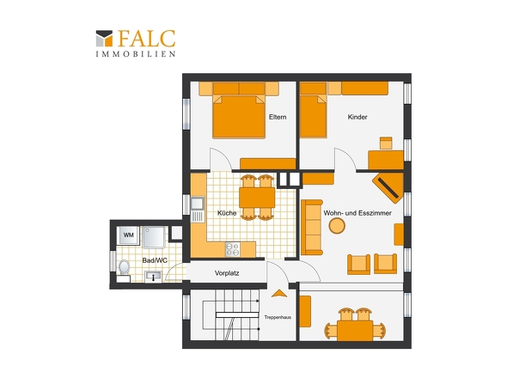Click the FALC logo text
(x=147, y=39)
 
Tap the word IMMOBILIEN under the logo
(x=136, y=54)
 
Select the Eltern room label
(x=278, y=117)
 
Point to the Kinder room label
(x=357, y=117)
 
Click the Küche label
(x=227, y=213)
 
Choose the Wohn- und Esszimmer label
(x=357, y=213)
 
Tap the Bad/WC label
(x=155, y=260)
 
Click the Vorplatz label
(x=227, y=273)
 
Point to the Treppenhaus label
(x=278, y=317)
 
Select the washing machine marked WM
(x=129, y=235)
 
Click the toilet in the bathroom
(x=124, y=268)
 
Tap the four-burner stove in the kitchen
(x=233, y=249)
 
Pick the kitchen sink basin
(x=197, y=204)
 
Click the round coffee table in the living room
(x=337, y=226)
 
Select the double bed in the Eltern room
(x=239, y=117)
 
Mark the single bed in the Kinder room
(x=314, y=116)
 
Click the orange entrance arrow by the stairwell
(x=279, y=294)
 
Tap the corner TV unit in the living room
(x=388, y=187)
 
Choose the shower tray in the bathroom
(x=154, y=237)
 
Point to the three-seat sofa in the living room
(x=312, y=228)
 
